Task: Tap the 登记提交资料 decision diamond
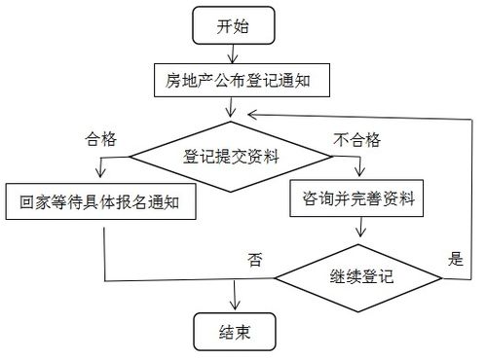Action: pos(231,154)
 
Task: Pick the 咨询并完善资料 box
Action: pos(360,200)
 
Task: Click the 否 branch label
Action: pos(253,260)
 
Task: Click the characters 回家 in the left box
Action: pos(36,204)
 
